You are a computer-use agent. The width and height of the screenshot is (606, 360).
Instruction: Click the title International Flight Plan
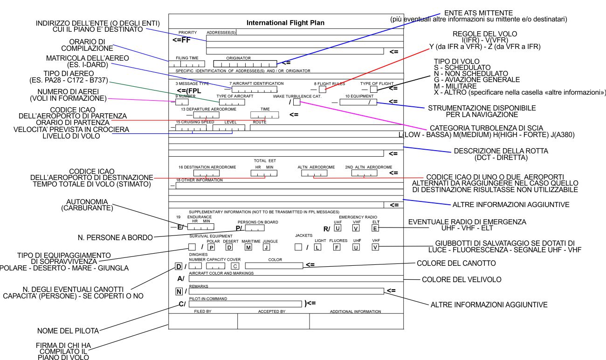coord(285,23)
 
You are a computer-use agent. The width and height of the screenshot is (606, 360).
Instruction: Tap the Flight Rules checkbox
coord(323,90)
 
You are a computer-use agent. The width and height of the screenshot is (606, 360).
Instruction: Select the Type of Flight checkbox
coord(373,90)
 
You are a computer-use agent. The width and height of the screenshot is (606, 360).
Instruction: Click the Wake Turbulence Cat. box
coord(297,102)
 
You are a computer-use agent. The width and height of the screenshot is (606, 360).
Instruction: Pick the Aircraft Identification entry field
coord(255,90)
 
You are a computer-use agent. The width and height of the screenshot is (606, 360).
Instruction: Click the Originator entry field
coord(245,64)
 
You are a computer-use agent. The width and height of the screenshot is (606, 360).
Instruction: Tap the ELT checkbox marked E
coord(375,228)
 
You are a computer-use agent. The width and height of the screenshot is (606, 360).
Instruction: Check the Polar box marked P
coord(211,247)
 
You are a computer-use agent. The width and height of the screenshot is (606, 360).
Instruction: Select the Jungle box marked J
coord(266,247)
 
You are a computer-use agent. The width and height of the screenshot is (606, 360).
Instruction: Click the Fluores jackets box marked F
coord(337,247)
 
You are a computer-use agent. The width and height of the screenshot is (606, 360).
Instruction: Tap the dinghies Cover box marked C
coord(235,266)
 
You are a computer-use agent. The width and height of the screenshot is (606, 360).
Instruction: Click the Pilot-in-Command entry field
coord(245,304)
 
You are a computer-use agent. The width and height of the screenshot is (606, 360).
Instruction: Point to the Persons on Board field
coord(255,228)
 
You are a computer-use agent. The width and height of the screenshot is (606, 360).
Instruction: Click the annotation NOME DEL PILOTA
coord(68,331)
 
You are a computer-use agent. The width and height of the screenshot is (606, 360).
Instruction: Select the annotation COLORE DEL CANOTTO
coord(456,263)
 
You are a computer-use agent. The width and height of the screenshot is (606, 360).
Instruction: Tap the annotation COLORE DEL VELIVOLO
coord(461,279)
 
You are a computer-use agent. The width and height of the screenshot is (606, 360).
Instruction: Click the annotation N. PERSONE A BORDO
coord(115,238)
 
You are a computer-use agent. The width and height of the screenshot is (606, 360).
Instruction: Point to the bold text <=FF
coord(181,40)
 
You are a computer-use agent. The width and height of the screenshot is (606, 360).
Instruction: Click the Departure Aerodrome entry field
coord(206,115)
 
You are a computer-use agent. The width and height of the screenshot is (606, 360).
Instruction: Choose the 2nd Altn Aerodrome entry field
coord(364,173)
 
